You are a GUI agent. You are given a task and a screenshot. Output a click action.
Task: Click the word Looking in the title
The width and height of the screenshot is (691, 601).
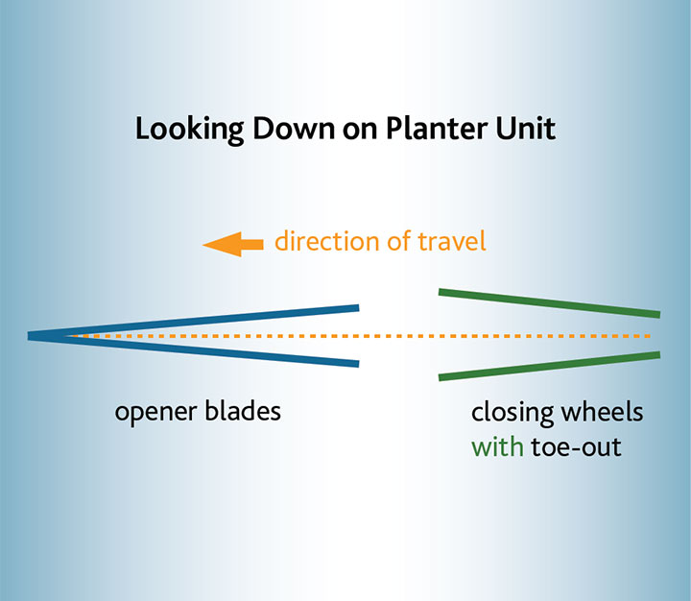[189, 130]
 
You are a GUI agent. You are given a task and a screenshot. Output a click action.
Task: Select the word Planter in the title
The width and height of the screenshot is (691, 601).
[437, 129]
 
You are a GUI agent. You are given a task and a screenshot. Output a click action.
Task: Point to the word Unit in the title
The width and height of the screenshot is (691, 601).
[525, 129]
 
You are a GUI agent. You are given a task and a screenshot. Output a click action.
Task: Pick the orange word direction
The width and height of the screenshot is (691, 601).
[327, 241]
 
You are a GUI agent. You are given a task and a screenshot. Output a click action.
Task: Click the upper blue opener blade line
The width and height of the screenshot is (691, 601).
[194, 322]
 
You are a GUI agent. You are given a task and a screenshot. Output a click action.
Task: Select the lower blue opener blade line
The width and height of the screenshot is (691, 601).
[194, 350]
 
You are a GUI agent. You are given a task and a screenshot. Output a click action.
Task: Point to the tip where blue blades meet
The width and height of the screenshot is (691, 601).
[29, 336]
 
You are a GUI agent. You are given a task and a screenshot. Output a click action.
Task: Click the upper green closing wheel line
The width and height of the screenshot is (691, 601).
[549, 303]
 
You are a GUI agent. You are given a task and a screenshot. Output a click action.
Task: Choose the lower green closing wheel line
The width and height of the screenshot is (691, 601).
[549, 366]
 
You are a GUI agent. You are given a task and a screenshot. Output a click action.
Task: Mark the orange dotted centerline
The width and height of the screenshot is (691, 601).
[359, 336]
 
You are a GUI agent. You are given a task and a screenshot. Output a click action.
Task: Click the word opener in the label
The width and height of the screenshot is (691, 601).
[155, 413]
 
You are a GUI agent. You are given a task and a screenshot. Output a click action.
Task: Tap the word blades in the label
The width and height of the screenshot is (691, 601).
[243, 411]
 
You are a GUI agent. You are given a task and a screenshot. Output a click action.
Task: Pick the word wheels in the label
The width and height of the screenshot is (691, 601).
[602, 412]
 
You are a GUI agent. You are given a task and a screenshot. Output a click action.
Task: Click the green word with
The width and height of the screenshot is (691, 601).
[497, 446]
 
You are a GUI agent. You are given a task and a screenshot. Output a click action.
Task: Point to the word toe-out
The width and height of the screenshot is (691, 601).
[576, 447]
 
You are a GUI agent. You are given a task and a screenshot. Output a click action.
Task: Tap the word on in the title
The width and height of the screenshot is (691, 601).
[360, 131]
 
